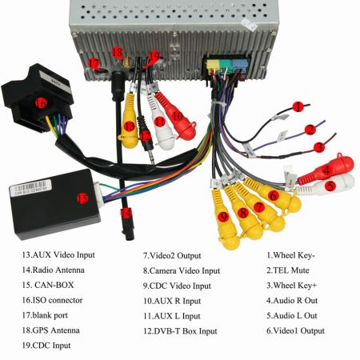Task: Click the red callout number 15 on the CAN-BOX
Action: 82,198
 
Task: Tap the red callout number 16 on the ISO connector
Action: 41,102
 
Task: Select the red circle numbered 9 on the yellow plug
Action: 223,216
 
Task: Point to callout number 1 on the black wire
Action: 298,106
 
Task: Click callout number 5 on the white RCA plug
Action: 330,186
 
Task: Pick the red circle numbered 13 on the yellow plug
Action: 130,126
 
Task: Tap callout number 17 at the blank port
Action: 94,64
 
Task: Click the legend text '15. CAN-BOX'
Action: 48,285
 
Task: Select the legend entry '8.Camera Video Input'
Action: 182,271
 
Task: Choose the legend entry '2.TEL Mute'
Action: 288,270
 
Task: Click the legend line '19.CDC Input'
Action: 46,346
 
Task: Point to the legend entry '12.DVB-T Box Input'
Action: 180,331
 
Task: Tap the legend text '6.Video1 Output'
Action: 295,331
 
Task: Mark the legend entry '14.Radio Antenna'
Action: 54,270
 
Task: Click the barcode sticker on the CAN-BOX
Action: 30,186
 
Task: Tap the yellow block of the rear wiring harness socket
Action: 213,65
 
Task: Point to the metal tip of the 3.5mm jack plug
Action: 152,158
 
